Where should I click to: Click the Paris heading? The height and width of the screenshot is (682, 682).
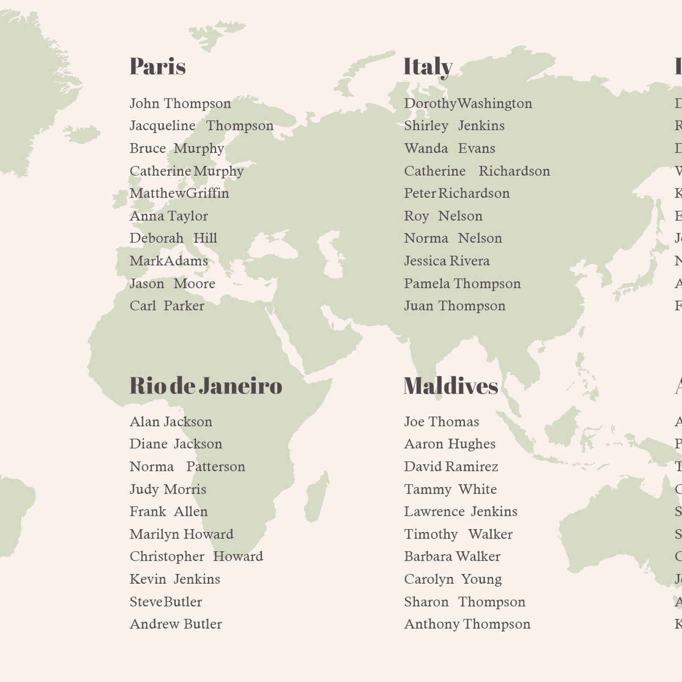(x=158, y=67)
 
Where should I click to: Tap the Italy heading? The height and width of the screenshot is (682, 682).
(x=428, y=67)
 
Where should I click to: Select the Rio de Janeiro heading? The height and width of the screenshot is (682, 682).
(x=206, y=385)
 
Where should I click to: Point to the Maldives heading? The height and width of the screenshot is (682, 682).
(x=451, y=385)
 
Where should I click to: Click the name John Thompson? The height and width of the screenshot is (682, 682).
(x=180, y=104)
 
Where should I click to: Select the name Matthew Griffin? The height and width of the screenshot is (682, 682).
(x=179, y=193)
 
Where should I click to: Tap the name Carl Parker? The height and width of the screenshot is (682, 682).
(x=167, y=306)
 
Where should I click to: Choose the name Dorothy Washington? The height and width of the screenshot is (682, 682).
(x=468, y=104)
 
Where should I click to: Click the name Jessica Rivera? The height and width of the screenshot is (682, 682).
(x=447, y=261)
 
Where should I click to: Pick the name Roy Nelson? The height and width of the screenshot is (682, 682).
(x=443, y=216)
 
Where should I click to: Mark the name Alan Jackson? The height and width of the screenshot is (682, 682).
(x=171, y=422)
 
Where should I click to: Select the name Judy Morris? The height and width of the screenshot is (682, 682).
(x=168, y=489)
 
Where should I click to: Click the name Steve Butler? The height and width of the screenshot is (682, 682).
(x=166, y=602)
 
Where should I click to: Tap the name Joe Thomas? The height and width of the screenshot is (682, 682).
(x=441, y=422)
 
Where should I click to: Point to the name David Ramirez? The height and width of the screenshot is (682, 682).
(x=451, y=466)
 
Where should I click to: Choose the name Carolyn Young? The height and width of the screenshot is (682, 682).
(x=453, y=579)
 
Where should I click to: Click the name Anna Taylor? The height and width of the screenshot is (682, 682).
(x=169, y=216)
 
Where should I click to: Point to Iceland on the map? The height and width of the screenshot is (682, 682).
(x=82, y=134)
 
